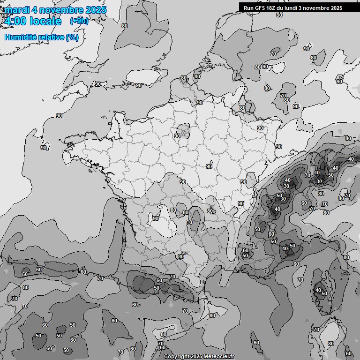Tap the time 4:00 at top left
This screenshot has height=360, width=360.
(x=15, y=21)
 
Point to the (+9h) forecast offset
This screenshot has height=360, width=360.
(x=79, y=21)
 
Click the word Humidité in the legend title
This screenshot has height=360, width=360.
(x=19, y=37)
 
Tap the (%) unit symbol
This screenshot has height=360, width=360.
(x=72, y=37)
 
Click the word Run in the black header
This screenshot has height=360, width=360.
(x=248, y=8)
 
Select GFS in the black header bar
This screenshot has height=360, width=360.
(x=260, y=8)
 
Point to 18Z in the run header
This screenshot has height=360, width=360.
(x=271, y=8)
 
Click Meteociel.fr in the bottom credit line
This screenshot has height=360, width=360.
(x=220, y=357)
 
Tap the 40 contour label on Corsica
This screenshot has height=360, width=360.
(x=318, y=290)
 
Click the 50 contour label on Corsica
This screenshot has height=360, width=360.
(x=324, y=293)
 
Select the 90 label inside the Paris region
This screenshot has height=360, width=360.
(x=177, y=136)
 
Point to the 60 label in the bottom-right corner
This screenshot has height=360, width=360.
(x=348, y=353)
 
